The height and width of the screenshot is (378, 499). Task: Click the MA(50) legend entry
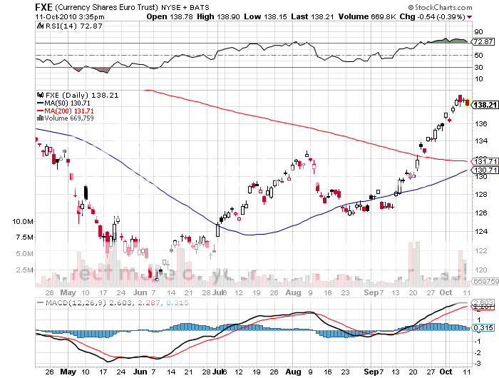64,103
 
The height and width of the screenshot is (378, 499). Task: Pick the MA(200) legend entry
66,111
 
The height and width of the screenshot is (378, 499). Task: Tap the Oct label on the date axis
446,292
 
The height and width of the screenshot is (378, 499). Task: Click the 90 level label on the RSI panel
478,32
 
